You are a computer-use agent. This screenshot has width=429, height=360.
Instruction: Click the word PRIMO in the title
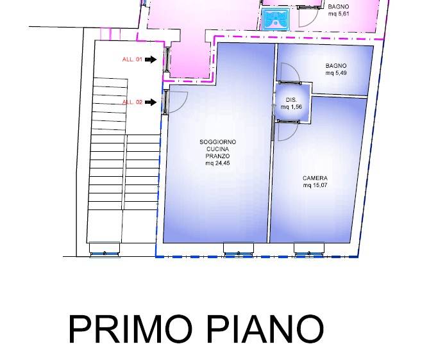[x=130, y=329]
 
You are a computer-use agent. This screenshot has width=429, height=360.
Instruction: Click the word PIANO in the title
[x=265, y=329]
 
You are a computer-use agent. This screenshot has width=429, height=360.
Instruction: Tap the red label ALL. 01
[x=131, y=60]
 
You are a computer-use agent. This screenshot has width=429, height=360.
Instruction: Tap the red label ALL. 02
[x=131, y=102]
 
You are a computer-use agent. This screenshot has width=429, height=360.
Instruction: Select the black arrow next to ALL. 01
[x=150, y=60]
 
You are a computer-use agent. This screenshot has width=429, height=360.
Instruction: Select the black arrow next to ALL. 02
[x=150, y=102]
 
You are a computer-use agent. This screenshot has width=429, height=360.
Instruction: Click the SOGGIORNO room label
[x=218, y=142]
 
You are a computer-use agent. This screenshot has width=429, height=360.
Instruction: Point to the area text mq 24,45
[x=218, y=163]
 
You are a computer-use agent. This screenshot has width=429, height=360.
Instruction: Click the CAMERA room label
[x=315, y=178]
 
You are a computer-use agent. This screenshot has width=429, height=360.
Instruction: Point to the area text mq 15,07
[x=315, y=185]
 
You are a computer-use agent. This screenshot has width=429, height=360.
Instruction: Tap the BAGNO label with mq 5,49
[x=336, y=66]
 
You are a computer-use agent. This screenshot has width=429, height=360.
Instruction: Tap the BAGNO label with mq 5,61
[x=339, y=6]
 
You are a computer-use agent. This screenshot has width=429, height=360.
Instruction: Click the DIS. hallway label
[x=291, y=100]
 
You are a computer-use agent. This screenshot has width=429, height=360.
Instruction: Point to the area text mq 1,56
[x=291, y=106]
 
